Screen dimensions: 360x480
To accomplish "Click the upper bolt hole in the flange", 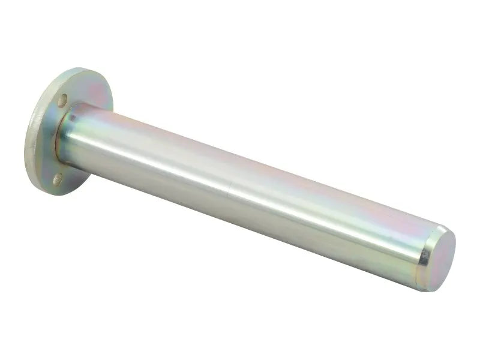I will click(x=62, y=101).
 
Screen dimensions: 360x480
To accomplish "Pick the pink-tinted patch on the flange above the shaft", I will click(x=90, y=90).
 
